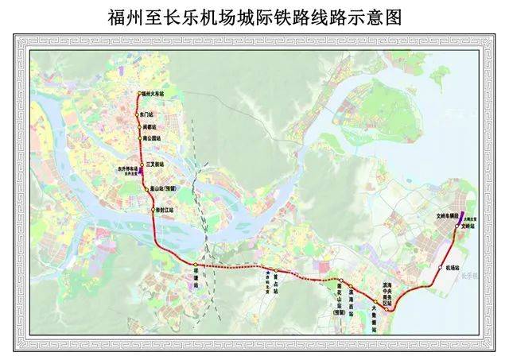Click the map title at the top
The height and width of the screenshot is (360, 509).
point(254,16)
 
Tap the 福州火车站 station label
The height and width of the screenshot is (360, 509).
point(154,94)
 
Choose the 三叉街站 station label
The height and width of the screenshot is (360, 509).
point(156,164)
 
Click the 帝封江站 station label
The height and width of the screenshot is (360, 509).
point(165,209)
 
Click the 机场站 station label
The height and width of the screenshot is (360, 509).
point(453,268)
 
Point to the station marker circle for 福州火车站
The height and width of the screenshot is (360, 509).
point(139,94)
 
